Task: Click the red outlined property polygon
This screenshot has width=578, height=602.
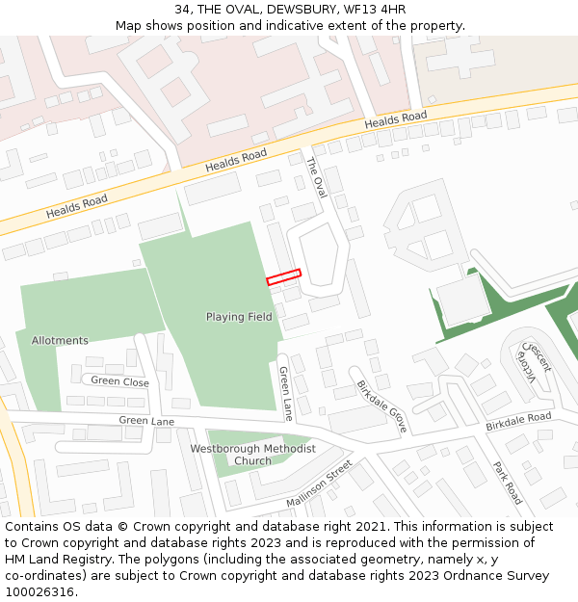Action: tap(284, 276)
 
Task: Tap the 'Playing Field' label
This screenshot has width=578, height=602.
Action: tap(239, 317)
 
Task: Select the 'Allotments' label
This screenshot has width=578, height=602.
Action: tap(60, 340)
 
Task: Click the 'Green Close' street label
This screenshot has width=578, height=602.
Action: tap(119, 381)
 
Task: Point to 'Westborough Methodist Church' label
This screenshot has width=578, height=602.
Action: tap(252, 455)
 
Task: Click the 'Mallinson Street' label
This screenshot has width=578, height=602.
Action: tap(320, 485)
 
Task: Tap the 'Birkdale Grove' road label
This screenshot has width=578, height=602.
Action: tap(382, 405)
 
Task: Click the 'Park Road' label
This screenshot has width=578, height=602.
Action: tap(507, 483)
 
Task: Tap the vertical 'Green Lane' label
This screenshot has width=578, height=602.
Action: tap(285, 393)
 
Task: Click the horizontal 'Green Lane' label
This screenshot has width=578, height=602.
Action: tap(146, 421)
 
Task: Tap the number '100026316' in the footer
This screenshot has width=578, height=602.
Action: tap(37, 591)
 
